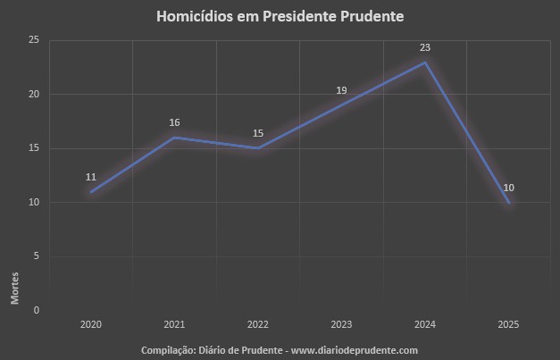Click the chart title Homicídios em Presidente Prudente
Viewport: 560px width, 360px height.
tap(279, 16)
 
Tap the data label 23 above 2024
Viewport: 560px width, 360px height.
tap(425, 47)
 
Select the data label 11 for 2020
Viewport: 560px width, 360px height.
tap(91, 177)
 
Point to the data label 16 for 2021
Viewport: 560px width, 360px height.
tap(174, 122)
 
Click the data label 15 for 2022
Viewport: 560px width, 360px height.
tap(258, 133)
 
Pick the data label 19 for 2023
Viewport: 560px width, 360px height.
tap(341, 90)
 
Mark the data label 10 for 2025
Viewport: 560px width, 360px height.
tap(508, 188)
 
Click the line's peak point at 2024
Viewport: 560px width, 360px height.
tap(425, 62)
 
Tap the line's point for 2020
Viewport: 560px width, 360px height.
tap(91, 191)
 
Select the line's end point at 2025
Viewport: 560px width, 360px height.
tap(508, 202)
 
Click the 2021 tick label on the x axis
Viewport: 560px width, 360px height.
tap(174, 325)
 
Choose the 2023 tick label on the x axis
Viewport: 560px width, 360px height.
tap(341, 325)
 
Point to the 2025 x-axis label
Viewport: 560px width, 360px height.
tap(508, 325)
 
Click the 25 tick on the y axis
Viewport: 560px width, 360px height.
tap(34, 40)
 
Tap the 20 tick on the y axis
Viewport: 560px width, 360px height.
tap(34, 94)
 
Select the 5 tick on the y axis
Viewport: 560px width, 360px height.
tap(36, 256)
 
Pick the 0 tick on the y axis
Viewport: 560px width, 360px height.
tap(36, 310)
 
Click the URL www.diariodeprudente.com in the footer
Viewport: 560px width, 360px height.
tap(355, 350)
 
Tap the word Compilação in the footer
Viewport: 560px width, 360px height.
tap(168, 350)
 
